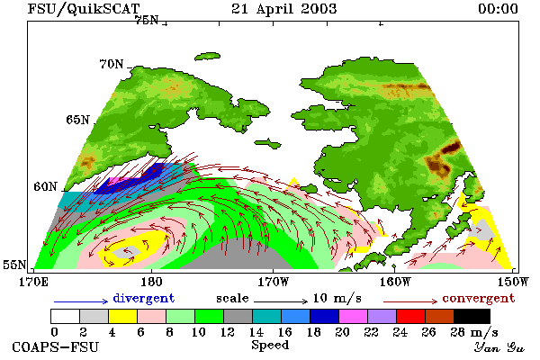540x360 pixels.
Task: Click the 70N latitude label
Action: [x=112, y=64]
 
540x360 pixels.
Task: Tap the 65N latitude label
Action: [x=77, y=120]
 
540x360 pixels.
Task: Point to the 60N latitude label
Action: [x=45, y=186]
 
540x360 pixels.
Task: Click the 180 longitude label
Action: [x=152, y=282]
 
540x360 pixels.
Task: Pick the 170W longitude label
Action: [x=273, y=282]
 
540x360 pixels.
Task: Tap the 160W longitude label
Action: [x=395, y=282]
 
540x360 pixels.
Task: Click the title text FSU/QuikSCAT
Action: [x=84, y=9]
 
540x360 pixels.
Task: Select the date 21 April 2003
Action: [x=283, y=9]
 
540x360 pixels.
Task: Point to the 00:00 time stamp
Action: [x=498, y=9]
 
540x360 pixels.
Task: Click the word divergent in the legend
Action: [x=144, y=298]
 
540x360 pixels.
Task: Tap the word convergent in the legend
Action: [x=479, y=298]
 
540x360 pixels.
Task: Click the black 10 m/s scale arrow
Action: [x=280, y=301]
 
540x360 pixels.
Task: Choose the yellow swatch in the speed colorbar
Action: [x=122, y=316]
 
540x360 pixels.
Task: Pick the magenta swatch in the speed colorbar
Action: [x=354, y=316]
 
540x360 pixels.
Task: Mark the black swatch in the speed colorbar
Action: [x=472, y=316]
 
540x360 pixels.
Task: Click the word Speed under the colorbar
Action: [x=270, y=346]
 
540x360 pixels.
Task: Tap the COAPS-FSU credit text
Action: [x=56, y=346]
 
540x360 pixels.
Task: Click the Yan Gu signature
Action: [x=499, y=347]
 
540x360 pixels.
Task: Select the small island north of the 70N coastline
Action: [x=207, y=56]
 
